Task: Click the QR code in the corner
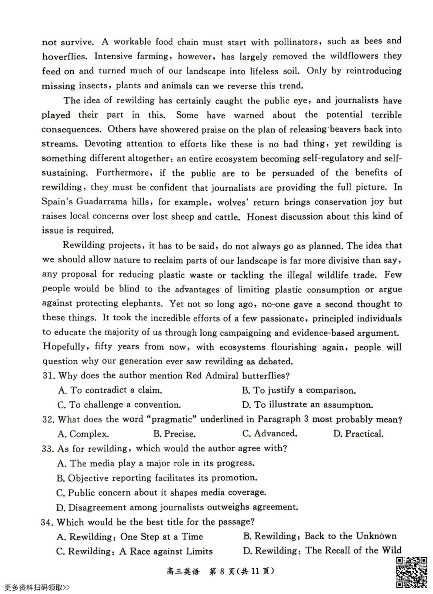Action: tap(411, 572)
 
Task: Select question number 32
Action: tap(49, 420)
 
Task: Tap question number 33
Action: tap(48, 449)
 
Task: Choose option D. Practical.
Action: tap(358, 434)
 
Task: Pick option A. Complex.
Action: tap(83, 434)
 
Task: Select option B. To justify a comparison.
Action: tap(299, 390)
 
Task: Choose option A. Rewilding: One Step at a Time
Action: tap(130, 537)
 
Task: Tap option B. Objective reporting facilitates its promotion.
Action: tap(157, 478)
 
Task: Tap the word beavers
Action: tap(346, 129)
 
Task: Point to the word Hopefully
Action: tap(64, 347)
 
